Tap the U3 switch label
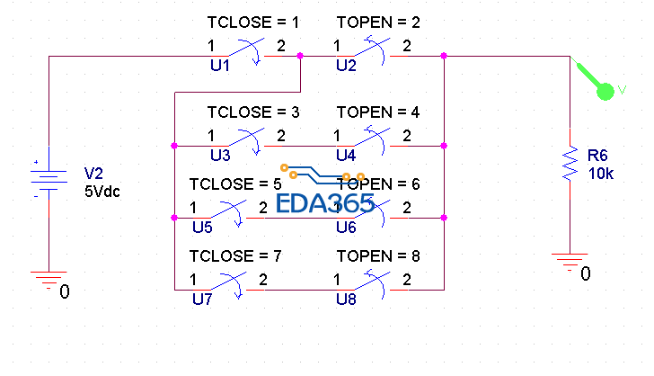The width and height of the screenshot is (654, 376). pos(220,155)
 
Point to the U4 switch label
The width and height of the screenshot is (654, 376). pos(346,155)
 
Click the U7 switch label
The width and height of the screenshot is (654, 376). pos(202,300)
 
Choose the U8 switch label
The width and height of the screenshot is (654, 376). pos(346,300)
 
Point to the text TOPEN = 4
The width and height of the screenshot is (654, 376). pos(378,112)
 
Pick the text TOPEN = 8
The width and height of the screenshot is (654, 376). pos(378,256)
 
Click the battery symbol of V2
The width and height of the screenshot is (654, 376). pos(49,178)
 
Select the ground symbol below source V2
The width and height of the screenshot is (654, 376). pos(49,280)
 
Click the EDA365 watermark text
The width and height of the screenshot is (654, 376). pos(325,204)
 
